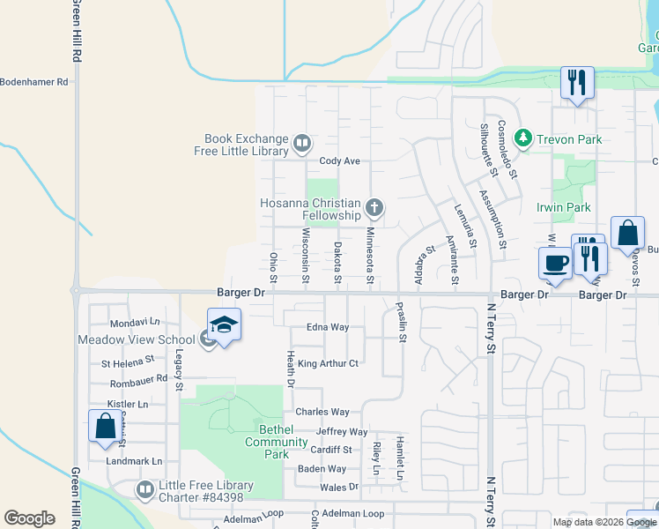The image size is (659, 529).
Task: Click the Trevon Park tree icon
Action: pos(523,138)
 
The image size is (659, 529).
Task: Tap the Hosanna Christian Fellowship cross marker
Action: pos(374,208)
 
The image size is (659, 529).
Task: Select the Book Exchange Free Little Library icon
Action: pos(301,143)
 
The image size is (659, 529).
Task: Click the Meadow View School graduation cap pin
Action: pos(224,325)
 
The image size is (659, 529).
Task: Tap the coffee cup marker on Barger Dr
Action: pos(556,263)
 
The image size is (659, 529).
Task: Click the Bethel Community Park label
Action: pos(276,442)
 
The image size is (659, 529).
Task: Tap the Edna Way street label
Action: pos(328,327)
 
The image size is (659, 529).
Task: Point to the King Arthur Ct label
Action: pos(328,363)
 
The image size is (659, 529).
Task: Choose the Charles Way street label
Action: pos(322,412)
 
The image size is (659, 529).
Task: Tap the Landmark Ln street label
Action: pos(134,461)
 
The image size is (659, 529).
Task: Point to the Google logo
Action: pos(29,518)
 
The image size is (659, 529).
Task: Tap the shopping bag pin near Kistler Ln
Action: pos(106,426)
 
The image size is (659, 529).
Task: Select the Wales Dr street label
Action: pos(340,487)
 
